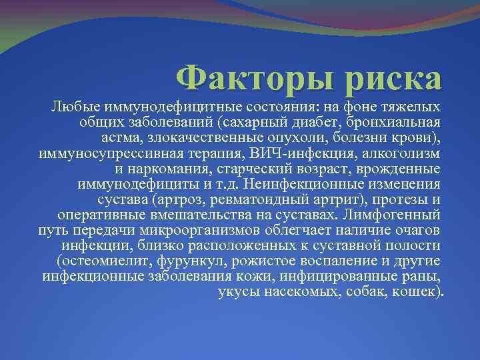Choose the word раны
pos(419,276)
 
